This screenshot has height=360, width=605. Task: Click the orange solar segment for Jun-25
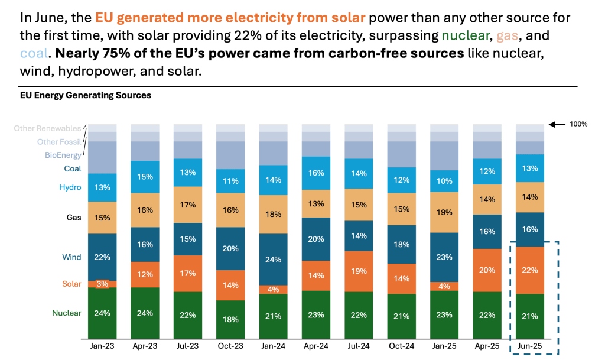coord(530,270)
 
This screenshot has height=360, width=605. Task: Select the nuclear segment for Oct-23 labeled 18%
coord(230,319)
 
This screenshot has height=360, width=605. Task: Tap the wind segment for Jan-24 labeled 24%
coord(274,260)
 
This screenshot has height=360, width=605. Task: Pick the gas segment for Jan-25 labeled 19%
coord(445,212)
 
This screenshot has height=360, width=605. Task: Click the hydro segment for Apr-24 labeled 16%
coord(316,173)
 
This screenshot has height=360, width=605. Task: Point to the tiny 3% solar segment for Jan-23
coord(102,284)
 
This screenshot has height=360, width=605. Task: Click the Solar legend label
coord(71,284)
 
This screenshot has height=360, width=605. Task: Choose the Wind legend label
coord(71,257)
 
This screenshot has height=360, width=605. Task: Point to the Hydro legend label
coord(70,187)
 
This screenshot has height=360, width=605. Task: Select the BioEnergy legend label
coord(63,155)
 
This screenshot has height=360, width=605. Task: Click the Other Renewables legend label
coord(47,128)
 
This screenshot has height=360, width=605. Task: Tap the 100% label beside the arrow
coord(579,124)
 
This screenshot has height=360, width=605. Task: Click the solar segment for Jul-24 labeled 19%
coord(359,271)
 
